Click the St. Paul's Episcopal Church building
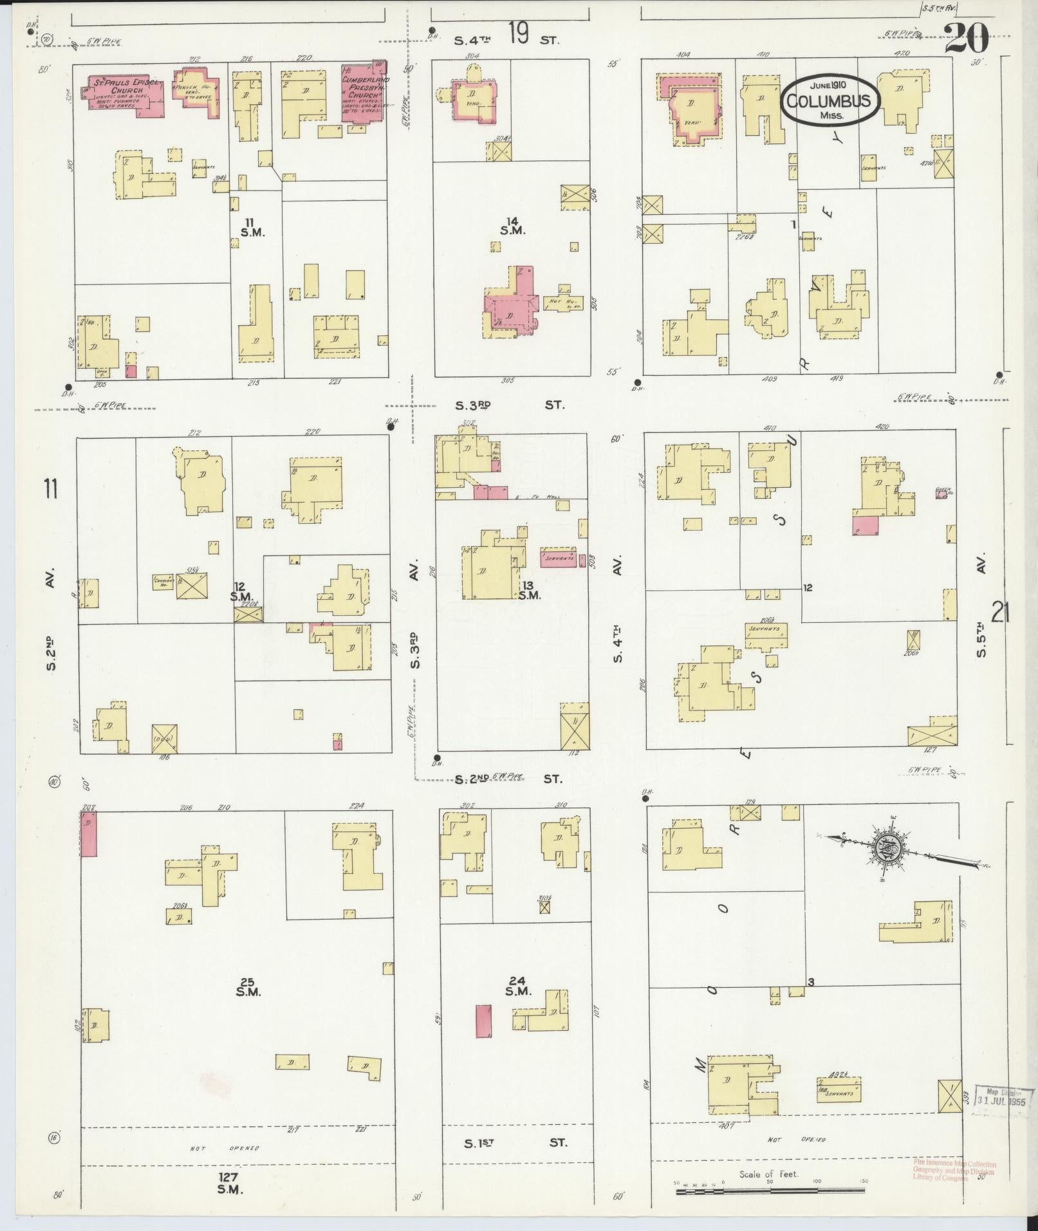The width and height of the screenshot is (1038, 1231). [x=125, y=95]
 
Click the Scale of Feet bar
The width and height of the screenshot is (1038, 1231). [x=770, y=1192]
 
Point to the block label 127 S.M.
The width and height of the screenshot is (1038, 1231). [x=230, y=1184]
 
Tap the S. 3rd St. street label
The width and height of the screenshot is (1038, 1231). [x=508, y=405]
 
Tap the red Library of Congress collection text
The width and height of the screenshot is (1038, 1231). [x=954, y=1171]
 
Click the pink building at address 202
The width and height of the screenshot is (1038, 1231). [x=88, y=833]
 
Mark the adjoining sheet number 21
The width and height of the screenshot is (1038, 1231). [x=1000, y=613]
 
